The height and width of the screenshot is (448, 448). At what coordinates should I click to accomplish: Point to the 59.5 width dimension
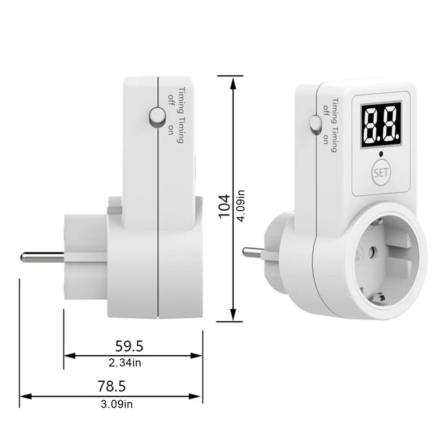129,345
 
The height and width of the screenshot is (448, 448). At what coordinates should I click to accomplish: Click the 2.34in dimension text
125,363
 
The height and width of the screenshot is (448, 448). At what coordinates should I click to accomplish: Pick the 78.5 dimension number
111,386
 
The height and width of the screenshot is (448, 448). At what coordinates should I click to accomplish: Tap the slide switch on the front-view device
315,124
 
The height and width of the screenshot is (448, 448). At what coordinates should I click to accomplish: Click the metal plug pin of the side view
42,256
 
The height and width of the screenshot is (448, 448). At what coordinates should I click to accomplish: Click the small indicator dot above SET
381,154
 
